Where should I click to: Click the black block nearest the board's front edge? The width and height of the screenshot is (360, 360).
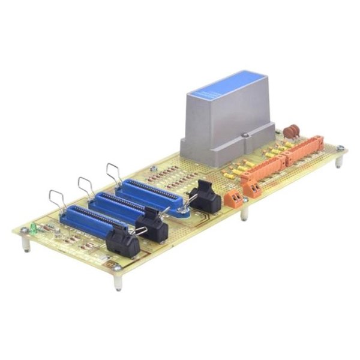pos(123,242)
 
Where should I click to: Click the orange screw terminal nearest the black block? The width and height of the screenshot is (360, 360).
pos(233,198)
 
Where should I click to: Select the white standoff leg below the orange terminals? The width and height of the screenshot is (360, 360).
pos(244,211)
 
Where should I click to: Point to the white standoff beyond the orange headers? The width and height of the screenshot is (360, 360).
pos(339,161)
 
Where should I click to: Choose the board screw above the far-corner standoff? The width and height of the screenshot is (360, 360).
pos(340,148)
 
